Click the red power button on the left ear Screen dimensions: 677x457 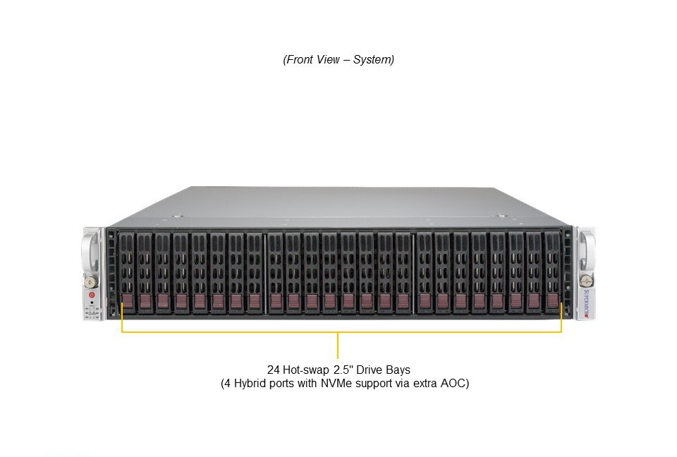(x=92, y=295)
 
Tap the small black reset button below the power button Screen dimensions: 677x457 (x=92, y=303)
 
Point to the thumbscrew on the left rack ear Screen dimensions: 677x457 (x=91, y=281)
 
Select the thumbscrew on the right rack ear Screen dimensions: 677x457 (x=586, y=280)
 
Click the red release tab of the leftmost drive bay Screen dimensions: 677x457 (x=128, y=302)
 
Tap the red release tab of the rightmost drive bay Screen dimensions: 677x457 (x=552, y=300)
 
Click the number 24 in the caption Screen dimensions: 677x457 (x=274, y=370)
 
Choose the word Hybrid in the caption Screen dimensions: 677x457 (x=250, y=384)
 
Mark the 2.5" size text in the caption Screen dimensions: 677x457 (x=343, y=370)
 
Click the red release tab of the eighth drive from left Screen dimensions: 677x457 (x=255, y=302)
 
